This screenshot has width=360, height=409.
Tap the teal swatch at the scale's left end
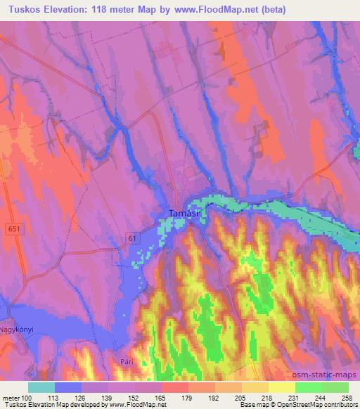click(x=41, y=387)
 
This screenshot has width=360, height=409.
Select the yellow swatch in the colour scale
click(x=282, y=387)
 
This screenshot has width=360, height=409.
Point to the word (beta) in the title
click(x=274, y=8)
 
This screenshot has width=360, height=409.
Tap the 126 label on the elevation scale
click(x=79, y=396)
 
